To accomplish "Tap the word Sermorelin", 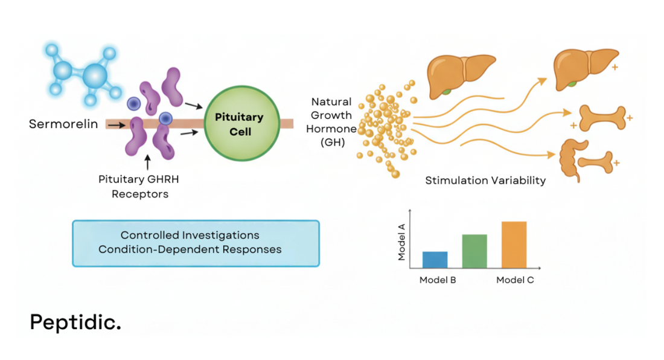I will click(x=63, y=124).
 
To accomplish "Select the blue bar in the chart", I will click(x=435, y=260).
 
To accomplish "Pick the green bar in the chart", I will click(x=474, y=251).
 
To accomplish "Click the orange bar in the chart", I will click(x=514, y=245).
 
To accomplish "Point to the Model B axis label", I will click(x=437, y=280).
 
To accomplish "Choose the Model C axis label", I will click(x=515, y=280).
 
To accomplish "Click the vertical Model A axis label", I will click(x=401, y=242).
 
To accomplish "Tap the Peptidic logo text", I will click(x=75, y=322).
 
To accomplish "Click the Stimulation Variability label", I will click(x=485, y=181).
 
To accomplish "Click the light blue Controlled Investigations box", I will click(x=196, y=243).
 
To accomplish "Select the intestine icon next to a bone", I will click(x=570, y=159).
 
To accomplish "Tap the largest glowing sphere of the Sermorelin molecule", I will click(x=95, y=76).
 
